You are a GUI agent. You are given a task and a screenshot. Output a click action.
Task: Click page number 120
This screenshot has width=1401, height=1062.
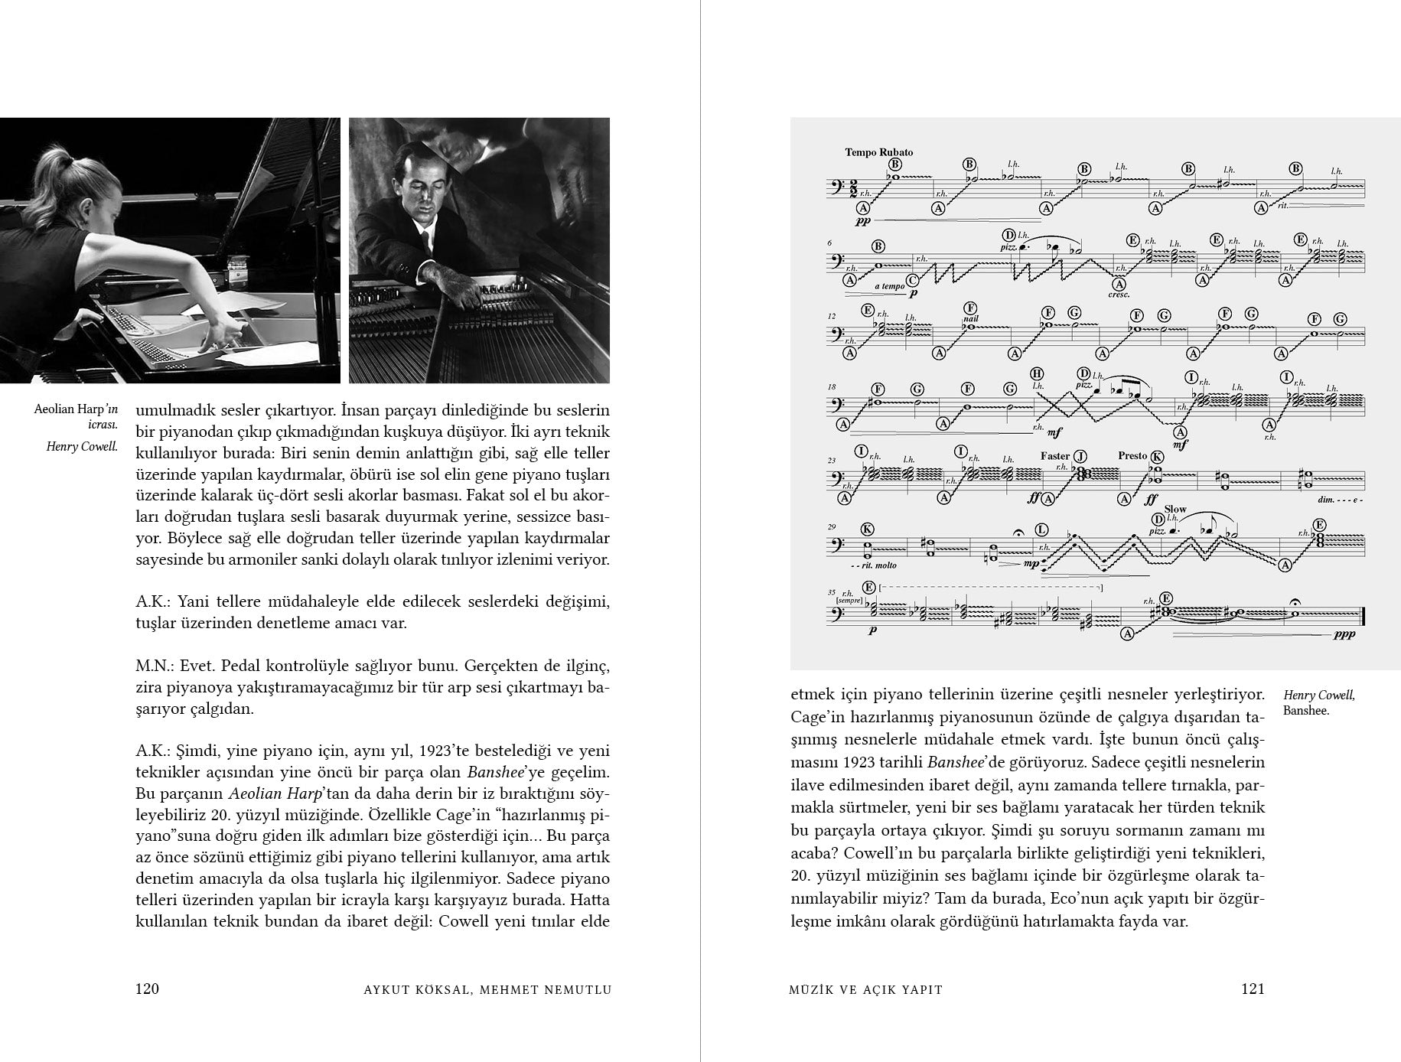click(x=147, y=989)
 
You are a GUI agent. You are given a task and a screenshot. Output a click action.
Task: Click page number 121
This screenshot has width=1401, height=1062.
click(x=1253, y=989)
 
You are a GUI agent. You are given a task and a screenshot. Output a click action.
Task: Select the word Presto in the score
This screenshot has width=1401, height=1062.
click(x=1132, y=455)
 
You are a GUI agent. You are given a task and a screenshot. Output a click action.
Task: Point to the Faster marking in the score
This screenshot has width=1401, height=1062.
click(x=1054, y=456)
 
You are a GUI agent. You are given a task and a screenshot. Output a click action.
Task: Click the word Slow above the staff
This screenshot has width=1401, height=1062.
click(x=1175, y=509)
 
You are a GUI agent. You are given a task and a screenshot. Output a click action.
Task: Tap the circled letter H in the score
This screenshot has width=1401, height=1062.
click(x=1037, y=373)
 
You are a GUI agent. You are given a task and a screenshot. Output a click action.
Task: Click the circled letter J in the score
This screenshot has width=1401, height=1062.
click(x=1080, y=457)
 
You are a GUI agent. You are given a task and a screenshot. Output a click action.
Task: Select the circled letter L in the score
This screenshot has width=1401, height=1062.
click(x=1041, y=529)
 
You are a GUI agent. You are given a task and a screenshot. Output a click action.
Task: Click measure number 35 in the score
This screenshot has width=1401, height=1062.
click(x=831, y=591)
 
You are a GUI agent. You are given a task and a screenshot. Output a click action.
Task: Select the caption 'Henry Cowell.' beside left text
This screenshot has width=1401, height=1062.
click(x=81, y=447)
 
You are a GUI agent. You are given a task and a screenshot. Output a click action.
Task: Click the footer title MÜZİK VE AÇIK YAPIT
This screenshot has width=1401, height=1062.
click(x=865, y=989)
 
